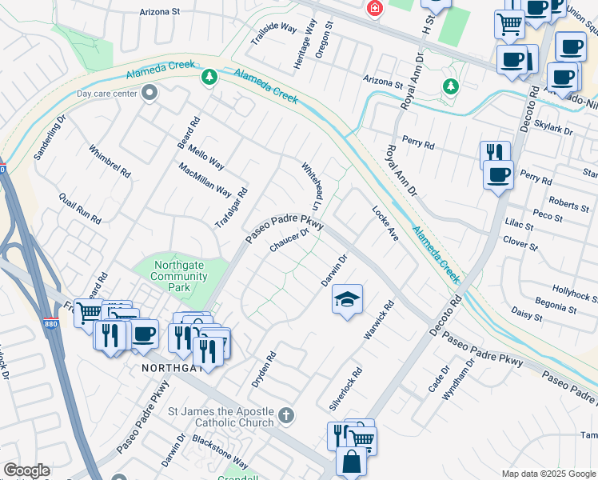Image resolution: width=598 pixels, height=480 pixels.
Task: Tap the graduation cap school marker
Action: coord(346,300)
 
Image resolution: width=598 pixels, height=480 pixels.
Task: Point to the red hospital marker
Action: coord(373,9)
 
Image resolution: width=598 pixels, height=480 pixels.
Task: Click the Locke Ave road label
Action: coord(385,224)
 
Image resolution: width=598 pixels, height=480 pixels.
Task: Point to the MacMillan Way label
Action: coord(205,180)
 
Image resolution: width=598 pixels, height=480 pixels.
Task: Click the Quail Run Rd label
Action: coord(81,208)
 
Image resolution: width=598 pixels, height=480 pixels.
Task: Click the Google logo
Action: coord(26,470)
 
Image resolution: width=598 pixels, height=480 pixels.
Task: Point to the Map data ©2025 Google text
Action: coord(549,474)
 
